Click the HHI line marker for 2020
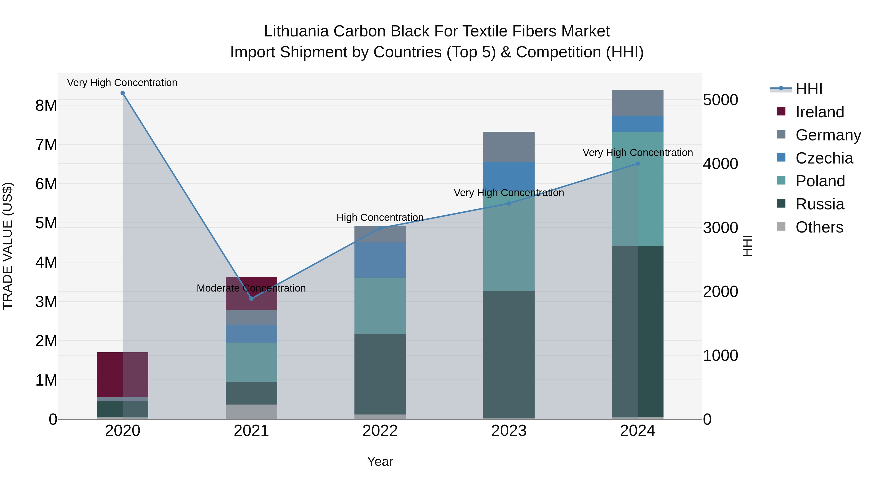click(x=123, y=93)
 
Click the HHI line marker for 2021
click(x=252, y=298)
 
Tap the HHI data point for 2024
click(x=638, y=164)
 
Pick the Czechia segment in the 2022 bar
click(x=380, y=260)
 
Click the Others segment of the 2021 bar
click(x=252, y=412)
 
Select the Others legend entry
click(x=819, y=227)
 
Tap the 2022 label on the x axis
click(x=380, y=431)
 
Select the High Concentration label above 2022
click(x=380, y=217)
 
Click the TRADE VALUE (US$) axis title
click(x=8, y=246)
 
